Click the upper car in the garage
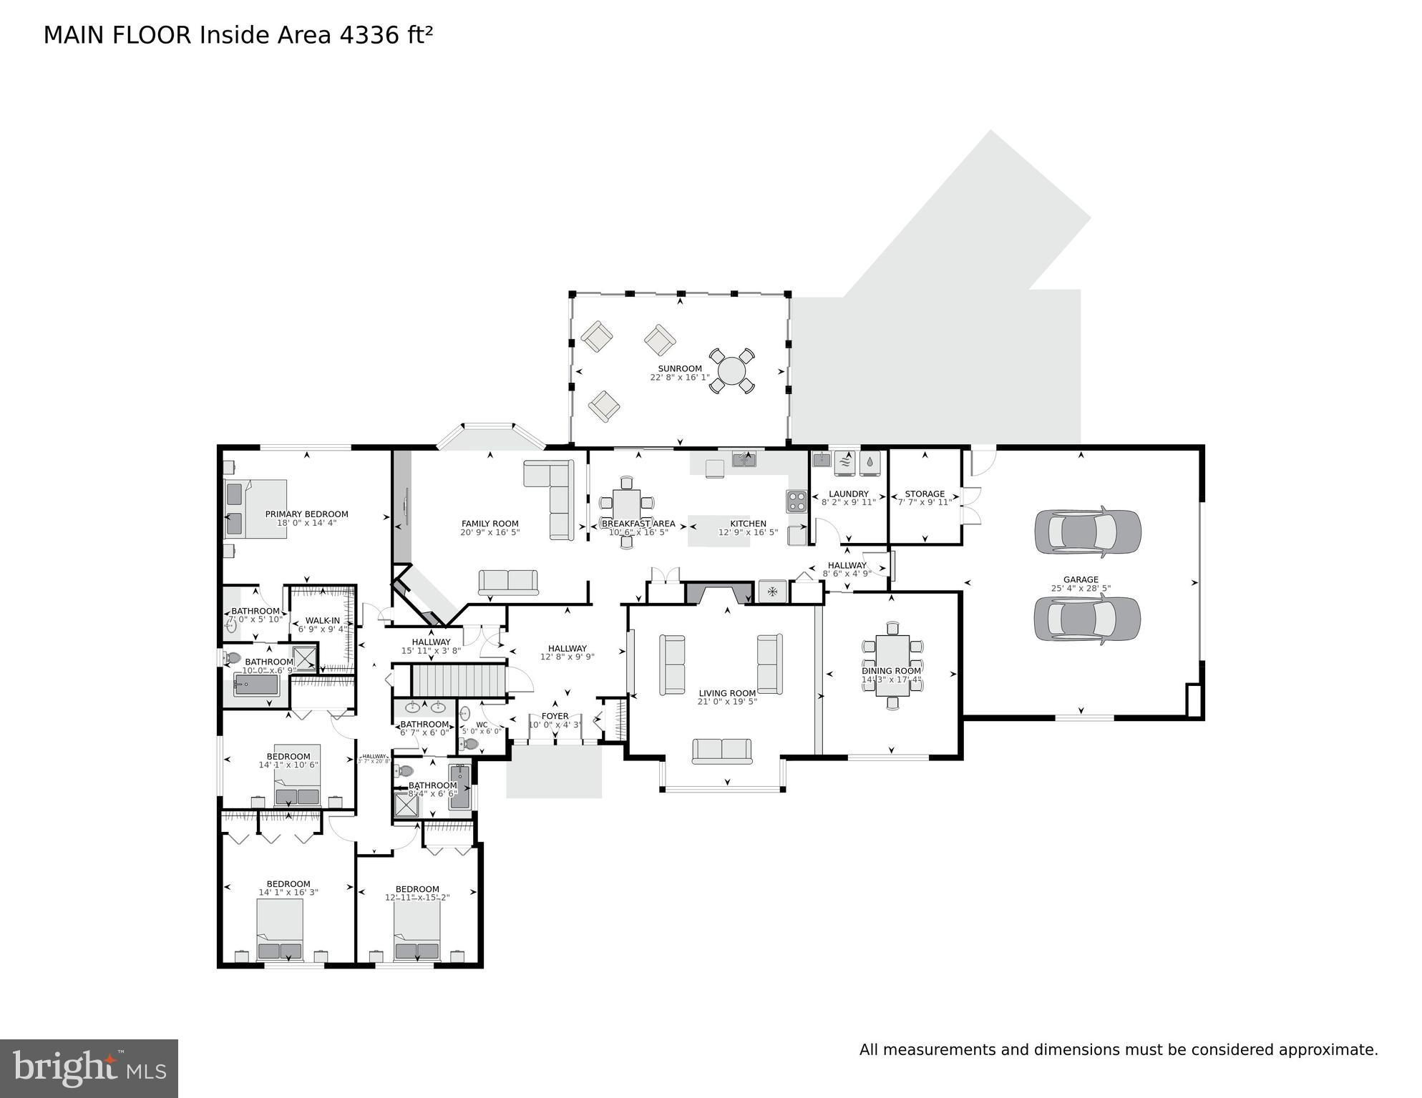pyautogui.click(x=1087, y=531)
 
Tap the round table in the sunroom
pyautogui.click(x=731, y=371)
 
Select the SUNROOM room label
pyautogui.click(x=679, y=368)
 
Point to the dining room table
pyautogui.click(x=892, y=665)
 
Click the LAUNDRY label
pyautogui.click(x=848, y=494)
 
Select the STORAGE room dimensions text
pyautogui.click(x=925, y=503)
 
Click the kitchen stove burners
pyautogui.click(x=797, y=501)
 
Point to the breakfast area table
pyautogui.click(x=626, y=504)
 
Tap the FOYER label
pyautogui.click(x=555, y=716)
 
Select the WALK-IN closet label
pyautogui.click(x=323, y=621)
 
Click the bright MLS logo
pyautogui.click(x=89, y=1068)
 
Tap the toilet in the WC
pyautogui.click(x=469, y=744)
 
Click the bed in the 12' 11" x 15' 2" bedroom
pyautogui.click(x=417, y=930)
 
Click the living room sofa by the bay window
pyautogui.click(x=721, y=750)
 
